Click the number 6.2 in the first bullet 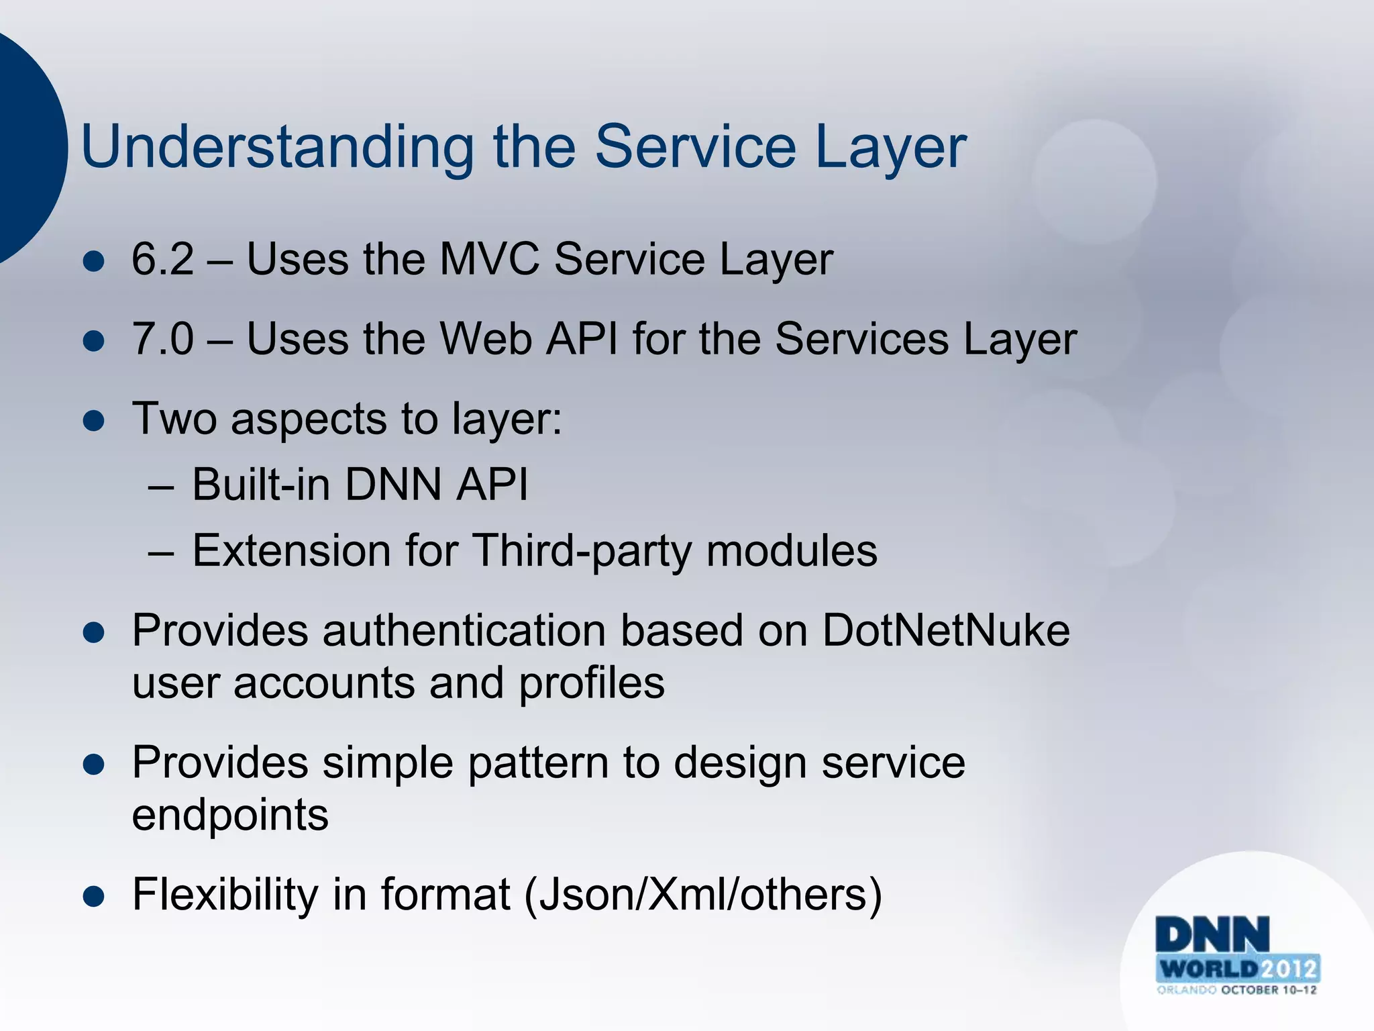[162, 259]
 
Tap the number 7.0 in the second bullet [162, 339]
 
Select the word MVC [489, 259]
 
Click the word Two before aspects [174, 419]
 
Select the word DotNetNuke [946, 631]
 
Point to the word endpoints [230, 816]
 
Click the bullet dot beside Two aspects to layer [94, 422]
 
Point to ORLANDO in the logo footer [1186, 990]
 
